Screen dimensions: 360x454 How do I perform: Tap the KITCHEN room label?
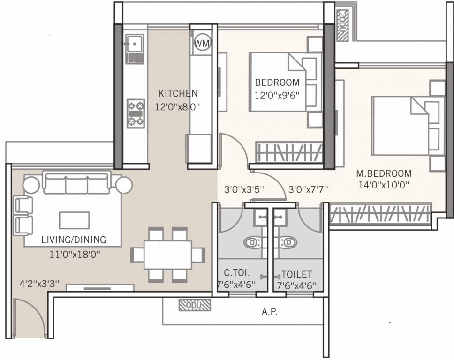(x=178, y=93)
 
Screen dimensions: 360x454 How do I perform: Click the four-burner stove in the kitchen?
(x=136, y=113)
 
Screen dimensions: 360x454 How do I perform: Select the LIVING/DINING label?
(x=74, y=240)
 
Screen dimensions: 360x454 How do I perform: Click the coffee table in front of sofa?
(x=74, y=220)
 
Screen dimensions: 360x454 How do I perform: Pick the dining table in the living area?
(x=168, y=255)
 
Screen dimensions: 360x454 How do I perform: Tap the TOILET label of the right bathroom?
(x=296, y=275)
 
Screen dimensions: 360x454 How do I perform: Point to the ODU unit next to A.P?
(x=195, y=305)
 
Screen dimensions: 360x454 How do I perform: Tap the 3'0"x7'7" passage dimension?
(x=308, y=189)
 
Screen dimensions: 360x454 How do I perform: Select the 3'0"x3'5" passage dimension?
(x=244, y=189)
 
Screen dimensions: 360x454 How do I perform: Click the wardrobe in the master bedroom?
(x=380, y=213)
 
